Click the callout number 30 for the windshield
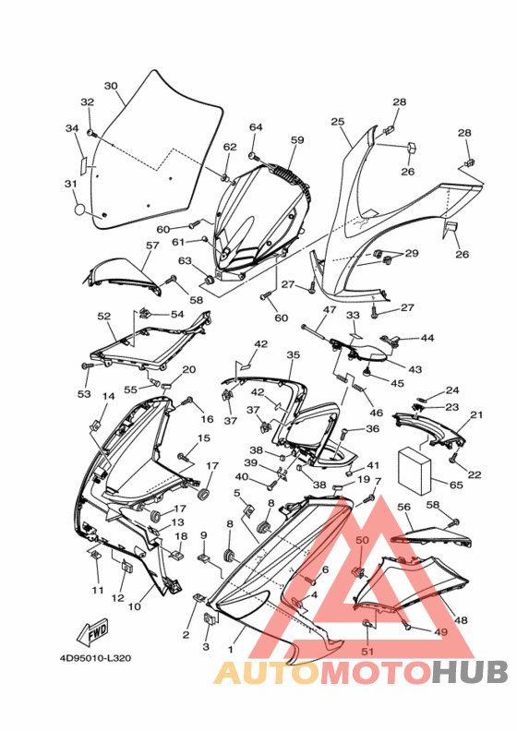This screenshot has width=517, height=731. (111, 86)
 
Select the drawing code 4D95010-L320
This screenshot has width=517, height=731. (95, 658)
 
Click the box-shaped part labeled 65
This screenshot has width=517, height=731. (415, 471)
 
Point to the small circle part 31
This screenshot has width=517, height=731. (80, 210)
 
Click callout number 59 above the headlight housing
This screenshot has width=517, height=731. (297, 140)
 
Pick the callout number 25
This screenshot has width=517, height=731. (338, 122)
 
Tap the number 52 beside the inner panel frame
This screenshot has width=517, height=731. (104, 316)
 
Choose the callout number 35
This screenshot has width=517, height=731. (294, 355)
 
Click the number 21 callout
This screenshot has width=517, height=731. (476, 414)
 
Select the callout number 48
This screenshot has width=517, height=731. (461, 620)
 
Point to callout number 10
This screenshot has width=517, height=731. (134, 606)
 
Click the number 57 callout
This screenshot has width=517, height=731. (152, 246)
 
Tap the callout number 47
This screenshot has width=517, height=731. (330, 309)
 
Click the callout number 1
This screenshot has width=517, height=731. (230, 649)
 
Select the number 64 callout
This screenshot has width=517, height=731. (256, 127)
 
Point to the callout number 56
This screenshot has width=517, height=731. (403, 508)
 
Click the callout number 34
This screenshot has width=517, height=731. (72, 128)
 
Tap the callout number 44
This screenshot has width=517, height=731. (427, 338)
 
